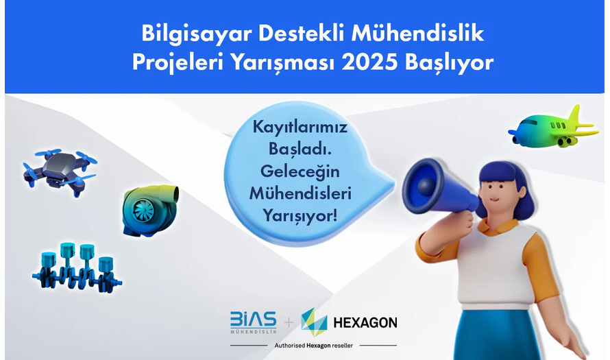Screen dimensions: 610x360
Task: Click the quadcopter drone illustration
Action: click(x=60, y=171)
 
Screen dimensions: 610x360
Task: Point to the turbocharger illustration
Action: click(x=151, y=211)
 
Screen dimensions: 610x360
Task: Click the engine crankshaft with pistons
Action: click(x=77, y=267)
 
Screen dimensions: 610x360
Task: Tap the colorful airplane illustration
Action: click(x=553, y=128)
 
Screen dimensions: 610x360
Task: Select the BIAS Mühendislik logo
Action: click(x=254, y=322)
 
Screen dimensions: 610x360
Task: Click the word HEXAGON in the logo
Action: click(x=365, y=323)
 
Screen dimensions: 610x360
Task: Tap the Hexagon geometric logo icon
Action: click(x=314, y=322)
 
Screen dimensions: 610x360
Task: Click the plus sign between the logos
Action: click(x=289, y=323)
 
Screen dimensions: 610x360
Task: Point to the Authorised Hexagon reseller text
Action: click(x=313, y=346)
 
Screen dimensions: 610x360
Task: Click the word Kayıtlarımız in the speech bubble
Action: click(x=300, y=128)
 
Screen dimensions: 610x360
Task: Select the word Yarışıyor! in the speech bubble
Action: click(x=300, y=215)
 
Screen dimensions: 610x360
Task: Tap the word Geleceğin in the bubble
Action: click(x=300, y=171)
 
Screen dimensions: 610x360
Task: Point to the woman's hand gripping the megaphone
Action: click(x=461, y=225)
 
